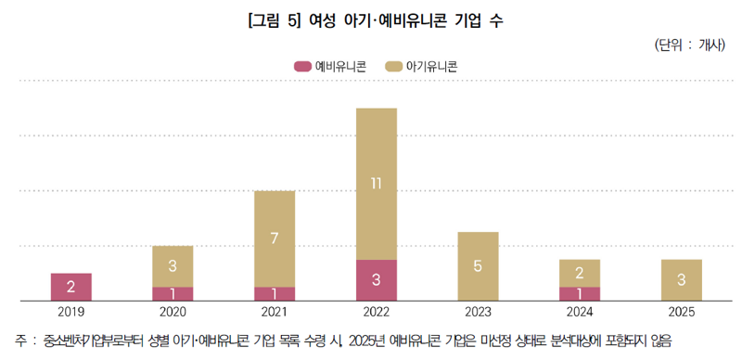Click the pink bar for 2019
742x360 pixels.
click(x=70, y=287)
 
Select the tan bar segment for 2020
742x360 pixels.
click(x=173, y=266)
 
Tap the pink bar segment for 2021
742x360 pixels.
click(x=275, y=294)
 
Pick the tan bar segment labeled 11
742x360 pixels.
click(x=376, y=184)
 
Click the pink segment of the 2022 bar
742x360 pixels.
click(x=376, y=280)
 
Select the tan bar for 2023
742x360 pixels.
click(x=478, y=266)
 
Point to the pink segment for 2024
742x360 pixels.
click(x=579, y=294)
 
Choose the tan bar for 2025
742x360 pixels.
click(x=681, y=280)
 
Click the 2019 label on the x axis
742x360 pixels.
click(x=70, y=312)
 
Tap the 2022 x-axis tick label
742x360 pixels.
click(x=376, y=312)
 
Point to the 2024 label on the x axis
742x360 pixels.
click(x=579, y=312)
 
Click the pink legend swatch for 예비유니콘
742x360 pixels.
click(x=302, y=66)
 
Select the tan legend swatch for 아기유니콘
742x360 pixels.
click(x=393, y=66)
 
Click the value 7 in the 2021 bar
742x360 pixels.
click(x=275, y=238)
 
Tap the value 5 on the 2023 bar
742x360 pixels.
click(x=478, y=266)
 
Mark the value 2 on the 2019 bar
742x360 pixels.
click(x=70, y=287)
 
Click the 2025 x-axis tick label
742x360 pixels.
click(x=681, y=312)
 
